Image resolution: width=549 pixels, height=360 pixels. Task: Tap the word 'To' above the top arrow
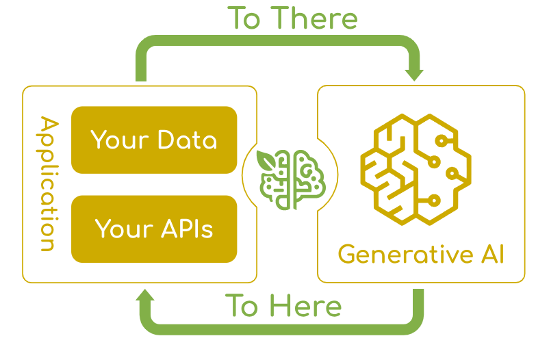pos(244,18)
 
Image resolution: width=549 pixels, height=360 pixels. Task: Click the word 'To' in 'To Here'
pos(241,305)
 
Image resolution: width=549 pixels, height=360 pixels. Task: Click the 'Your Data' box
pos(154,140)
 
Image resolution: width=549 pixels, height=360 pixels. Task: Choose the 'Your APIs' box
pos(154,229)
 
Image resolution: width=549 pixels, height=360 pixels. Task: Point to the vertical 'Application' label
pos(47,183)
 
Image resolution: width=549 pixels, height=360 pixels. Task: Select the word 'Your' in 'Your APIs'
pos(122,229)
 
